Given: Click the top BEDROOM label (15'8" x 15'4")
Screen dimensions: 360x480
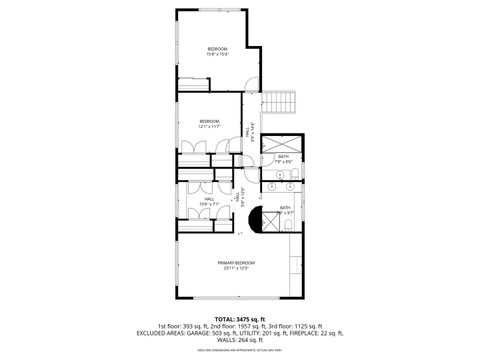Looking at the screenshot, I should tap(218, 49).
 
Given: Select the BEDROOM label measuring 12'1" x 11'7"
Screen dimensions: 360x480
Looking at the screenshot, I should tap(208, 121).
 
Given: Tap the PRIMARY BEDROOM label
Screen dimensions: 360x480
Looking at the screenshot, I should tap(236, 262).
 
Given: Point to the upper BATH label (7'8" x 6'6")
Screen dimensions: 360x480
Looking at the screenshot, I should tap(283, 155).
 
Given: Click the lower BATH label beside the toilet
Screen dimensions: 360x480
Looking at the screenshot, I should tap(285, 207).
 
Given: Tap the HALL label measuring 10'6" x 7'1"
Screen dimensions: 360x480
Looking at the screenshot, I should tap(208, 199).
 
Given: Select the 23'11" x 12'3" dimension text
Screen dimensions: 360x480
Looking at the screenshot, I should tap(236, 268).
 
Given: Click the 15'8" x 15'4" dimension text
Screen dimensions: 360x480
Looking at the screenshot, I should tap(218, 55).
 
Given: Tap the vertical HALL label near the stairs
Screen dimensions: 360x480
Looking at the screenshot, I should tap(248, 130).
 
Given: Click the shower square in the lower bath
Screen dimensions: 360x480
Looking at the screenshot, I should tap(271, 222).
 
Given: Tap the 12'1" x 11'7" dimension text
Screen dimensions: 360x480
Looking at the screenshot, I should tap(208, 127).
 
